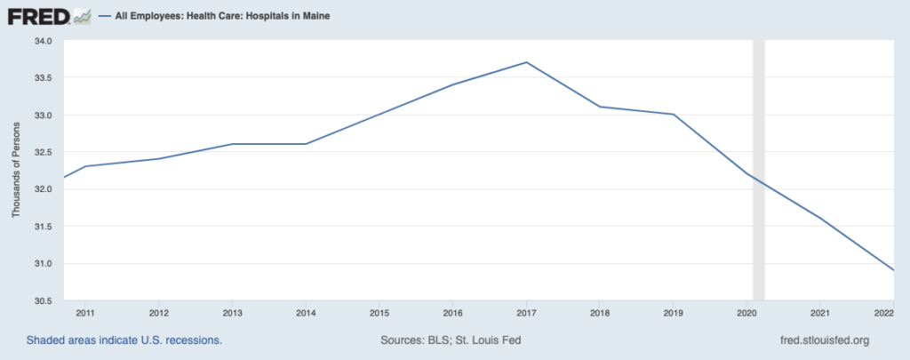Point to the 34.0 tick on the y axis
pyautogui.click(x=44, y=41)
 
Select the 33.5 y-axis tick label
pyautogui.click(x=44, y=78)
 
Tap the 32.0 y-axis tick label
pyautogui.click(x=44, y=189)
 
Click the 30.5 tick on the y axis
pyautogui.click(x=44, y=300)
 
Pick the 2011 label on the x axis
pyautogui.click(x=85, y=313)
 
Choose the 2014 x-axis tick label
pyautogui.click(x=306, y=313)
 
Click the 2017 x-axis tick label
pyautogui.click(x=526, y=313)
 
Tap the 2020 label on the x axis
pyautogui.click(x=746, y=313)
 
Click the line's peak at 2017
pyautogui.click(x=526, y=62)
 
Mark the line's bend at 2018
pyautogui.click(x=600, y=107)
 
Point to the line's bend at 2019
pyautogui.click(x=674, y=115)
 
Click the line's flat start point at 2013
pyautogui.click(x=233, y=144)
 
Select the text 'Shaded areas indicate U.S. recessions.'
pyautogui.click(x=124, y=340)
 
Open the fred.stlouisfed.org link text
pyautogui.click(x=823, y=340)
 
